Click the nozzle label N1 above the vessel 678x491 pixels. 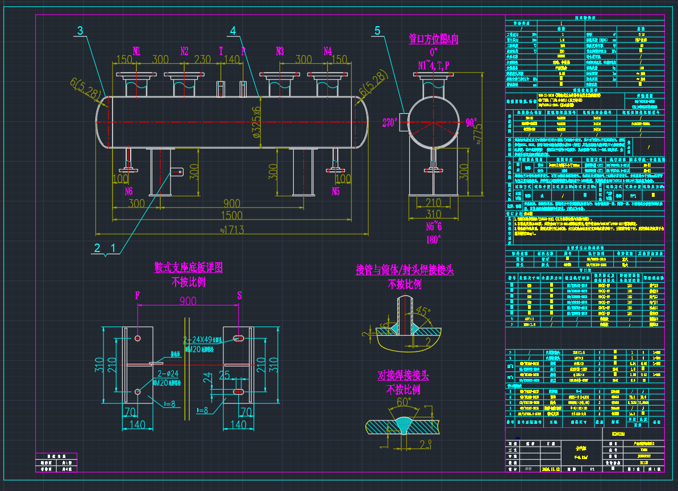coord(137,51)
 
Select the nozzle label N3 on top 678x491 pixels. coord(280,51)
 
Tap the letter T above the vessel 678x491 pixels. coord(221,51)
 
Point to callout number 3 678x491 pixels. coord(80,31)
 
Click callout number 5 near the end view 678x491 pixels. coord(377,31)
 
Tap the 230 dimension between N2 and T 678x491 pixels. coord(203,59)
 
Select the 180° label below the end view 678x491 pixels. coord(434,240)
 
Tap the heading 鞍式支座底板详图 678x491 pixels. coord(188,267)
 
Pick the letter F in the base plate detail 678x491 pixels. coord(137,295)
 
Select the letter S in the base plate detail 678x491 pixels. coord(239,295)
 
